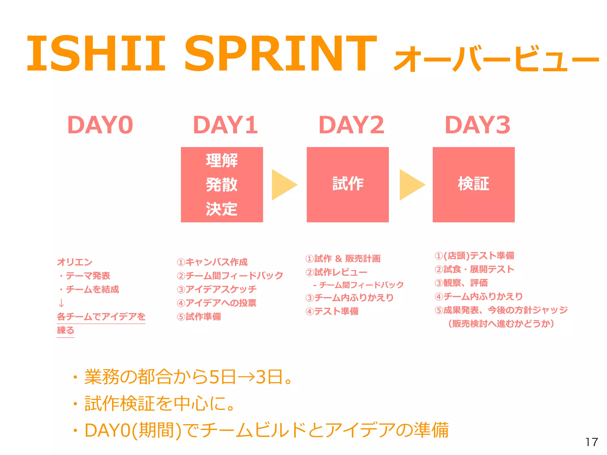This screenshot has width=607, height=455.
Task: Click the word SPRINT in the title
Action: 280,54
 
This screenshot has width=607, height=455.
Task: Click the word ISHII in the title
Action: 96,54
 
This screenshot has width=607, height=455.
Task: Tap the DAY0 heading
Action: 100,125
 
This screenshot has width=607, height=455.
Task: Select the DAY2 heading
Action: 352,125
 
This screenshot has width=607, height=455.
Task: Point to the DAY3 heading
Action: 477,125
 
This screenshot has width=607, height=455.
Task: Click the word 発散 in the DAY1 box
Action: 222,185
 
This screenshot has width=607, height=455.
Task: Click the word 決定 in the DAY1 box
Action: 222,209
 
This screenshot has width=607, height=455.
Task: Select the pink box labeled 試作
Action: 348,184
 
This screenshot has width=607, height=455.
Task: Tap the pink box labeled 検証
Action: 473,184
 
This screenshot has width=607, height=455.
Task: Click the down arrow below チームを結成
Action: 61,303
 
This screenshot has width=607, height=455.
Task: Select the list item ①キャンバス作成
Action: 212,262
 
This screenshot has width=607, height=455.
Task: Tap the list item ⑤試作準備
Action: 199,317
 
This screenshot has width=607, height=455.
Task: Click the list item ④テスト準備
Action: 332,311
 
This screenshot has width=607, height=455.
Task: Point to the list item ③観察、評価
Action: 461,283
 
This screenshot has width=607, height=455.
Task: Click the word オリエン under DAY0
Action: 75,262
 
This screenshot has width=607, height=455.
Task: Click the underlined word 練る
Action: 66,330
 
